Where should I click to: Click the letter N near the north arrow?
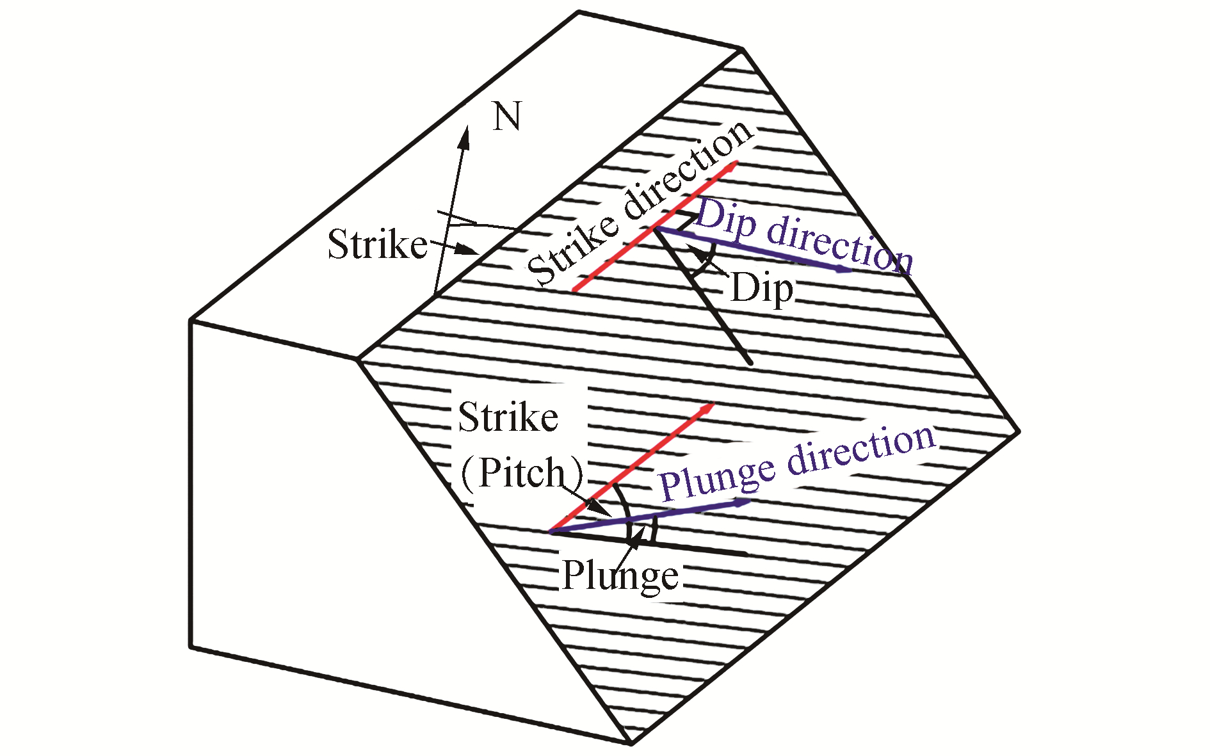click(506, 118)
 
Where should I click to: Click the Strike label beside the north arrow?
click(377, 245)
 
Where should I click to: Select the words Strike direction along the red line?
click(640, 204)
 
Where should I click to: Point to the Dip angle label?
click(761, 289)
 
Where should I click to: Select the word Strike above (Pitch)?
click(508, 417)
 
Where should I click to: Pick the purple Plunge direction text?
click(798, 462)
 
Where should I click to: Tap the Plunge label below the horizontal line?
click(620, 576)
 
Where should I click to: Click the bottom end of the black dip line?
click(750, 363)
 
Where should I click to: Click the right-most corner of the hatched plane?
click(1018, 431)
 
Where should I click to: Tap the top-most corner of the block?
click(579, 12)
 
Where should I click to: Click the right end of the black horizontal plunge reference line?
click(746, 553)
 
